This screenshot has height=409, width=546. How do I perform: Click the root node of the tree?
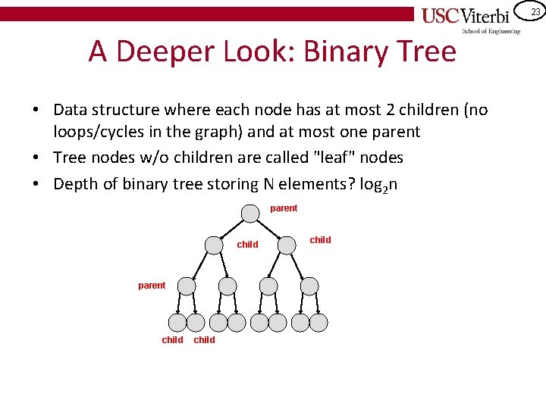click(249, 213)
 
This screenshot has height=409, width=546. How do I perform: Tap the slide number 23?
click(535, 11)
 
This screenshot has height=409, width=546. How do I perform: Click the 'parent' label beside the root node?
click(284, 208)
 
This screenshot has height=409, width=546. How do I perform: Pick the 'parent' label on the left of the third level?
click(152, 286)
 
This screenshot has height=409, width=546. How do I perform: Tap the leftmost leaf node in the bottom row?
click(176, 323)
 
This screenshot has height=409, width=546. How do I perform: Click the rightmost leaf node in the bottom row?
click(318, 323)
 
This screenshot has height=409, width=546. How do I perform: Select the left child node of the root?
click(215, 245)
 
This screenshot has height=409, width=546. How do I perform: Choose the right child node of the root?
click(286, 245)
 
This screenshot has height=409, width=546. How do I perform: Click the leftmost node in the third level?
click(186, 286)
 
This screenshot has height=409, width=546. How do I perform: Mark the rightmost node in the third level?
click(309, 286)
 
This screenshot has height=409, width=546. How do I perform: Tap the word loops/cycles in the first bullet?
click(98, 132)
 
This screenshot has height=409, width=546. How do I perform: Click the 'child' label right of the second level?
click(321, 240)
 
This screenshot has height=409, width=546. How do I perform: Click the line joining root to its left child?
click(233, 229)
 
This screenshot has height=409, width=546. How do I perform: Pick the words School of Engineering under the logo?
click(491, 31)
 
